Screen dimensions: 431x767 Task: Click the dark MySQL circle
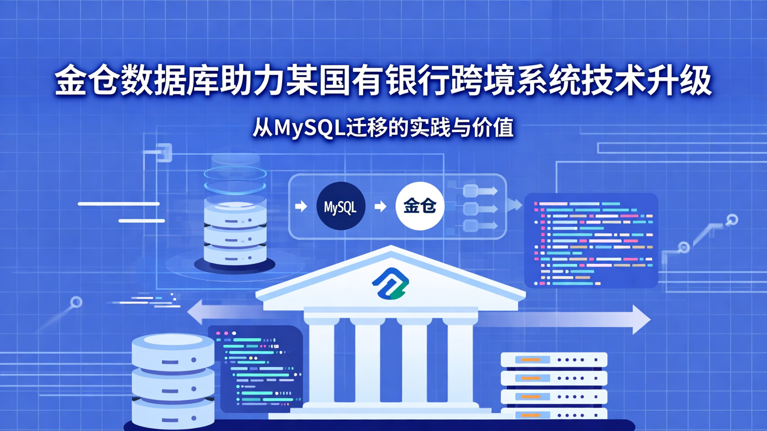click(x=340, y=206)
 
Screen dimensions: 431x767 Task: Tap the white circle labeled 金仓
click(x=420, y=206)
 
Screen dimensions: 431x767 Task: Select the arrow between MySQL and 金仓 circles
click(x=380, y=206)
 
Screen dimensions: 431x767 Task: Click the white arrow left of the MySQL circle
click(x=301, y=206)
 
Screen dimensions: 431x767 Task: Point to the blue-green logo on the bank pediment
click(x=390, y=284)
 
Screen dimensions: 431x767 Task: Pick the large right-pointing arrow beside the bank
click(x=637, y=319)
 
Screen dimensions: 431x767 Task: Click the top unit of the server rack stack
click(x=554, y=360)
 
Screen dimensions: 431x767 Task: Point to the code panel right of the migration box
click(x=591, y=241)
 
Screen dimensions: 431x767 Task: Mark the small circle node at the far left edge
click(x=76, y=303)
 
